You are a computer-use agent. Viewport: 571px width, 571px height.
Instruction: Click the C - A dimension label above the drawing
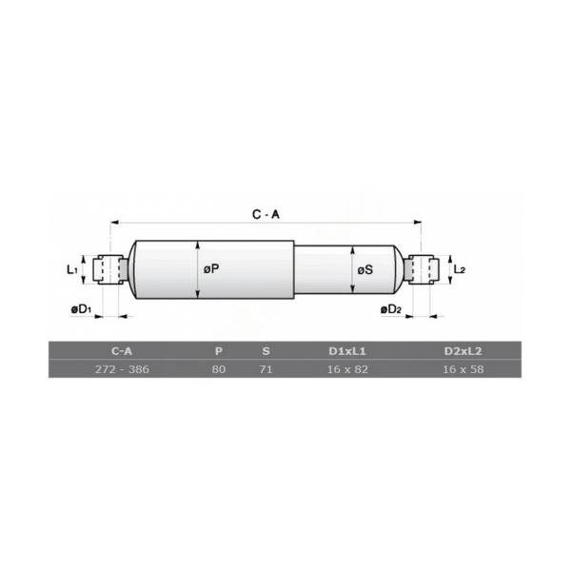[x=266, y=214]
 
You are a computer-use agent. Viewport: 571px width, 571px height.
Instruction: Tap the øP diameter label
[x=211, y=269]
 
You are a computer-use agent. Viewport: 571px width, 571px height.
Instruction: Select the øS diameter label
[x=365, y=270]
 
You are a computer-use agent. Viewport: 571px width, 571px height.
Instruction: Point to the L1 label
[x=71, y=270]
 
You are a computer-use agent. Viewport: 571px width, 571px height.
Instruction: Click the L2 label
[x=460, y=269]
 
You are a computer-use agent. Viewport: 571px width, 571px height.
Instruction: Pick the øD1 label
[x=81, y=309]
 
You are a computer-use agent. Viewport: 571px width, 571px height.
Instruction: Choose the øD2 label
[x=391, y=309]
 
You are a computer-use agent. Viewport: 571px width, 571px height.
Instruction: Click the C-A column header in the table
[x=122, y=351]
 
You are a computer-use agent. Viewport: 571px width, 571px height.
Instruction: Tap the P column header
[x=219, y=351]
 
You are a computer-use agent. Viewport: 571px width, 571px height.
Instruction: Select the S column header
[x=266, y=351]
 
